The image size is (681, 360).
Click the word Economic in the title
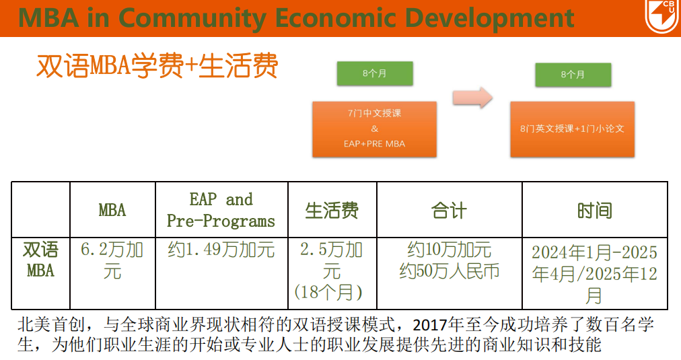coord(335,18)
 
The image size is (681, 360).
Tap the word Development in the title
coord(489,19)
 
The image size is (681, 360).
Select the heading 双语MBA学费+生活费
coord(157,66)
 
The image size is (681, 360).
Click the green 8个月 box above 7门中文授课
coord(375,73)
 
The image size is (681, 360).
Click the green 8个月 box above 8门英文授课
coord(573,75)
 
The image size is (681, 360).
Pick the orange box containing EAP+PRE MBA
coord(374,129)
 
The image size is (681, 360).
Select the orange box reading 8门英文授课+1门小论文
coord(573,129)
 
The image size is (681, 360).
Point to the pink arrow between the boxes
coord(472,98)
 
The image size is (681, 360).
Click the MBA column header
coord(112,210)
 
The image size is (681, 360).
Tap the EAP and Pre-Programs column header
coord(221,210)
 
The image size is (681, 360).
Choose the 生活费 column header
coord(332,211)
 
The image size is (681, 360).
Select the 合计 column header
coord(449,211)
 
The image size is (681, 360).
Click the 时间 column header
coord(595,211)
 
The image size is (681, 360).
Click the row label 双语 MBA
coord(40,260)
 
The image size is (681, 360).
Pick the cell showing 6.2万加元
coord(112,260)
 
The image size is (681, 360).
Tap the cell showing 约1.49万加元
coord(221,250)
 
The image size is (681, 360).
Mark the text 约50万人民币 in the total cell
coord(449,271)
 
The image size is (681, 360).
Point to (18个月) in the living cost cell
coord(328,292)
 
